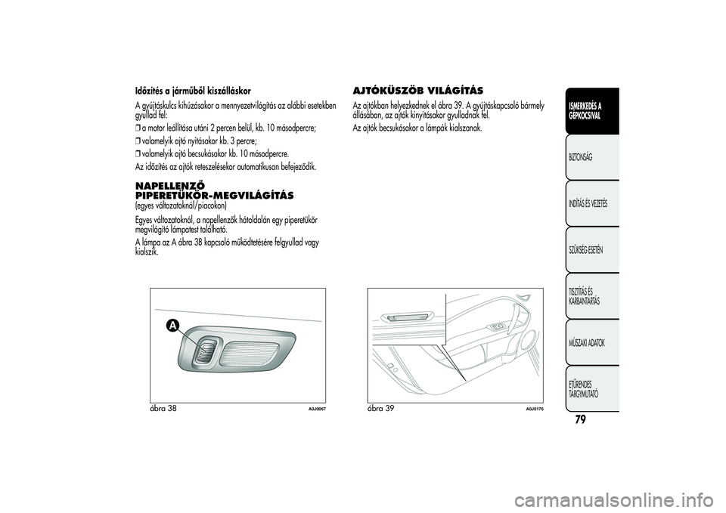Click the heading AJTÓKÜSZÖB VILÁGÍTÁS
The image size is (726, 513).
(418, 90)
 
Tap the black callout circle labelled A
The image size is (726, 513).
(173, 325)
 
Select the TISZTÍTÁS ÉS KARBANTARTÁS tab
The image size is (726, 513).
(587, 297)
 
